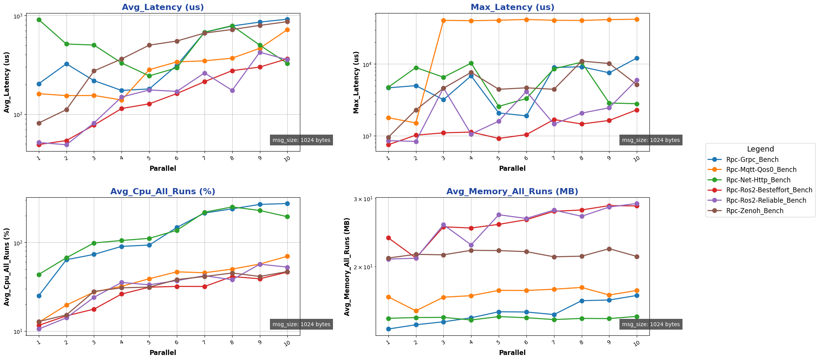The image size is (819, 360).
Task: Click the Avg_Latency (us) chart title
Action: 163,7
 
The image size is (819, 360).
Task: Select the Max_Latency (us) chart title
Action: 512,7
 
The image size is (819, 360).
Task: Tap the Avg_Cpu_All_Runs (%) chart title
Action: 163,192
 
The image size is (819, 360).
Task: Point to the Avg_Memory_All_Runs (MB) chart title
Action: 512,192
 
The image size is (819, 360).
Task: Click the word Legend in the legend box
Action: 760,149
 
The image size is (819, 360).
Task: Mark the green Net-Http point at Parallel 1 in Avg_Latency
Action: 39,20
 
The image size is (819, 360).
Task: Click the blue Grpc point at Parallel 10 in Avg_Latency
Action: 287,19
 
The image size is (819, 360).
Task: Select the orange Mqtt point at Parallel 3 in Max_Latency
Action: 443,20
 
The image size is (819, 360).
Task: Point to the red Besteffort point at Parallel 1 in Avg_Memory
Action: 388,238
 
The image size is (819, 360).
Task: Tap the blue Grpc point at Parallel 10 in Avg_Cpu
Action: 287,203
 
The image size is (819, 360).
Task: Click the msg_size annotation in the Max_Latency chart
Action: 651,140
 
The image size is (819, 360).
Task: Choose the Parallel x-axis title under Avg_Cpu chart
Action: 163,352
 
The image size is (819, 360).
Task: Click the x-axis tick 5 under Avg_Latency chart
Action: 149,158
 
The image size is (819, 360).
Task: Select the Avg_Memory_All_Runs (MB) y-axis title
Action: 347,267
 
